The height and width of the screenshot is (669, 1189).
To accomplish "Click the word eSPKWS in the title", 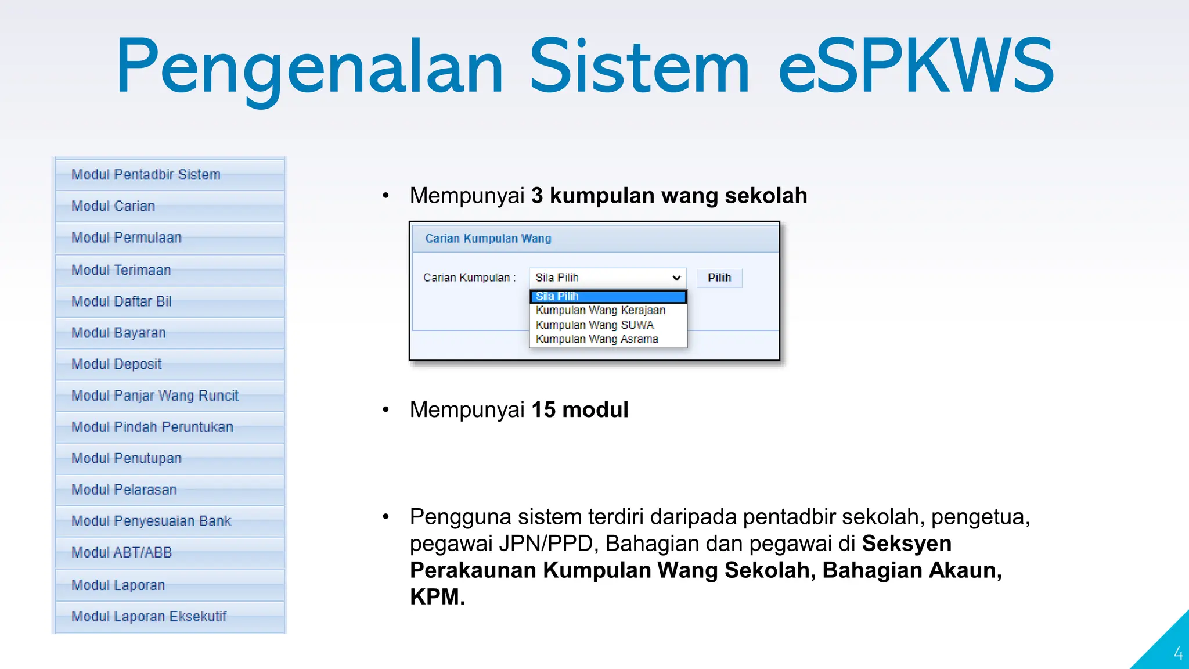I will click(x=916, y=65).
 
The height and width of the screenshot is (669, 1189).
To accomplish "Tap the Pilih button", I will click(x=719, y=278).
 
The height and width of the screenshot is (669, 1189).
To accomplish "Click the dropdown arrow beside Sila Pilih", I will click(x=676, y=278).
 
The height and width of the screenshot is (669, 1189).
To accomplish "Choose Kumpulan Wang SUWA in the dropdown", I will click(x=594, y=325).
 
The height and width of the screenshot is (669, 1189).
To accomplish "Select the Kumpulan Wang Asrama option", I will click(x=597, y=339).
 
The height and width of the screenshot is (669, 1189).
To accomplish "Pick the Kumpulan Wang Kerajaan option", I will click(x=600, y=310).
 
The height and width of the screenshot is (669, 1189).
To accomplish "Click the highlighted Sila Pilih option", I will click(x=607, y=296).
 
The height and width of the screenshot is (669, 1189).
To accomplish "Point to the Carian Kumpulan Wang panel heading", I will click(x=488, y=239).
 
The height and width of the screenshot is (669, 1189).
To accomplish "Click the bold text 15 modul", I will click(x=579, y=410).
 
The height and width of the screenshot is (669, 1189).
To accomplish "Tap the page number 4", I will click(x=1178, y=654).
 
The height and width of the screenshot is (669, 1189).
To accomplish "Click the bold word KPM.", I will click(x=437, y=597).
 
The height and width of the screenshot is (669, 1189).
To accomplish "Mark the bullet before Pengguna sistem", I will click(x=385, y=516).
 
